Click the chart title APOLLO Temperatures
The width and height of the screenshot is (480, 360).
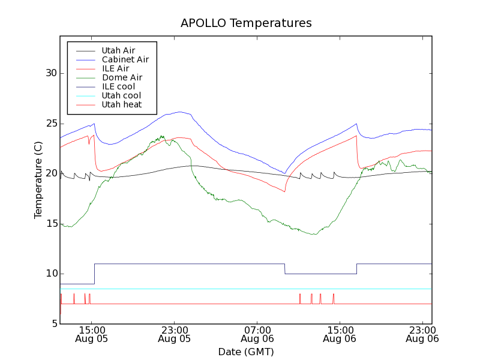pyautogui.click(x=246, y=23)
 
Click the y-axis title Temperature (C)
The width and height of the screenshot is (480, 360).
pyautogui.click(x=38, y=180)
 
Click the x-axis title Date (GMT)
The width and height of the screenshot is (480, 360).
pyautogui.click(x=246, y=352)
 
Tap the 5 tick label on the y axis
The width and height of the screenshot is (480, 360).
pyautogui.click(x=53, y=324)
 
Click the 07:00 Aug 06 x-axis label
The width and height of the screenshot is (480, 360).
pyautogui.click(x=257, y=334)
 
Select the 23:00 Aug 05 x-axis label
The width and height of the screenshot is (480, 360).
pyautogui.click(x=175, y=334)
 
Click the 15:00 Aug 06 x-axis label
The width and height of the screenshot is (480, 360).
pyautogui.click(x=340, y=334)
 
